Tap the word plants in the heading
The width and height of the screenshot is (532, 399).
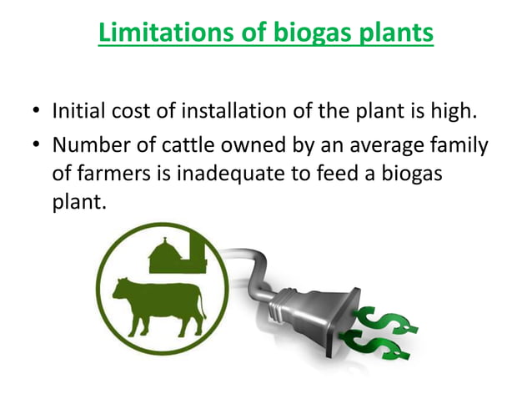click(391, 33)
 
